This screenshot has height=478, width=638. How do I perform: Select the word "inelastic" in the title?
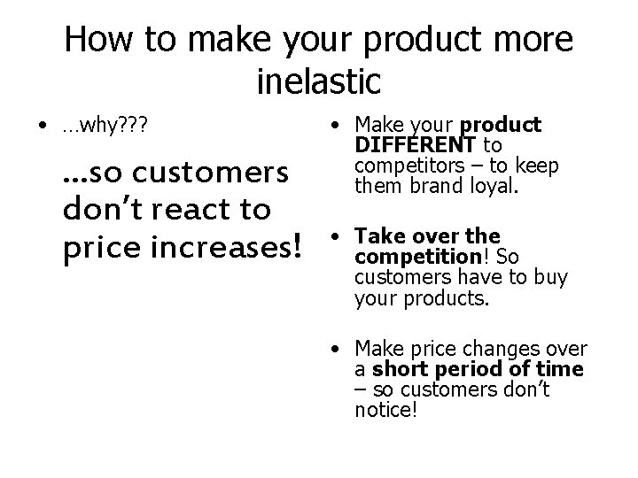pyautogui.click(x=318, y=81)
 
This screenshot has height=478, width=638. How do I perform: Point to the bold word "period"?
pyautogui.click(x=457, y=369)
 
